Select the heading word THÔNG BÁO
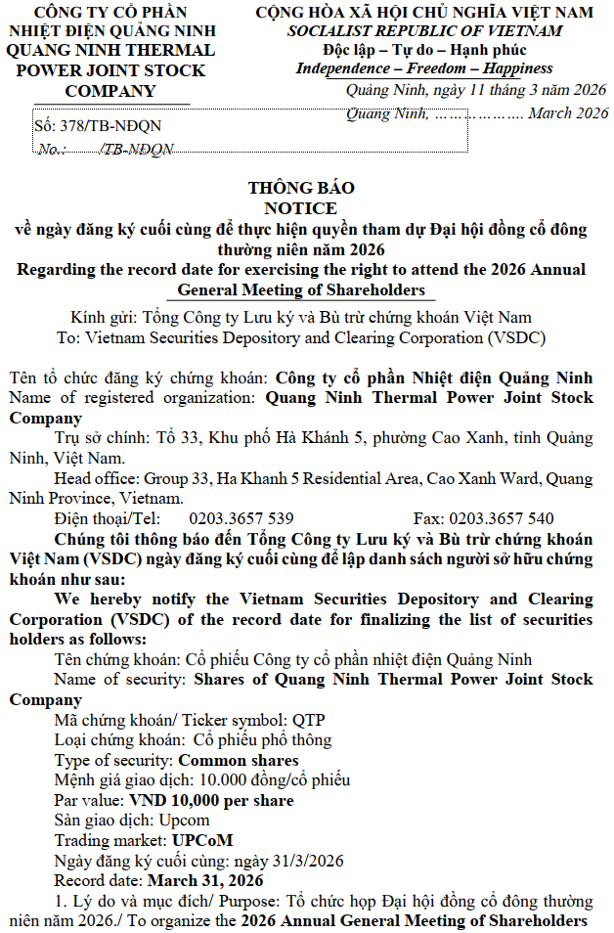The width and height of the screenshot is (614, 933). pyautogui.click(x=301, y=188)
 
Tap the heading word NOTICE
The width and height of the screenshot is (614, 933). pyautogui.click(x=301, y=208)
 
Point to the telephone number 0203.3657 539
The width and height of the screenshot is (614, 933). pyautogui.click(x=241, y=518)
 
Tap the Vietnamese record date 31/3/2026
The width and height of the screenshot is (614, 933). pyautogui.click(x=309, y=861)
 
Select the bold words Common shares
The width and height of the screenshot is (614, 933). pyautogui.click(x=239, y=760)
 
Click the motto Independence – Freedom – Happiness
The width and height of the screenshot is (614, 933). pyautogui.click(x=423, y=68)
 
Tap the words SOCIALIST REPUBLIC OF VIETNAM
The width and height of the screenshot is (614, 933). pyautogui.click(x=424, y=30)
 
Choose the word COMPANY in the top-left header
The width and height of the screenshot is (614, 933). pyautogui.click(x=110, y=91)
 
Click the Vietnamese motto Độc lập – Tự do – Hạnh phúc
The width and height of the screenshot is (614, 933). pyautogui.click(x=424, y=50)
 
